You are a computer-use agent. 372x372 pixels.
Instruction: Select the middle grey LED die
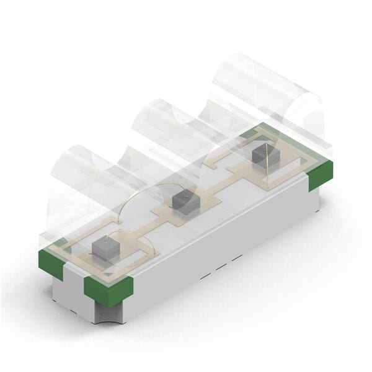click(x=184, y=202)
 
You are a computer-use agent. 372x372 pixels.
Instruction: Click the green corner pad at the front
click(x=108, y=290)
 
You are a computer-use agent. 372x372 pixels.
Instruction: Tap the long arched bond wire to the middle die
click(x=146, y=190)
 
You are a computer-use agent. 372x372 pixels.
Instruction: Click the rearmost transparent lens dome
click(x=267, y=93)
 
